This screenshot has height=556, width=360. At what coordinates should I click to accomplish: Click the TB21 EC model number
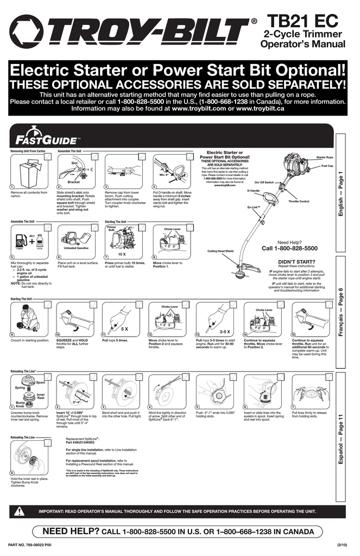coord(303,20)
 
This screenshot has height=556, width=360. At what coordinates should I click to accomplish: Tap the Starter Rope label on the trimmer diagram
coord(325,157)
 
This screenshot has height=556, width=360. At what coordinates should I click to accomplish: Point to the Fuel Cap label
coord(327,166)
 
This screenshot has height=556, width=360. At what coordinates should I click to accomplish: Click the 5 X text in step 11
coord(124,329)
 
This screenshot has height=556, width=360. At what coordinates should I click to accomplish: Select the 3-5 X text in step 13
coord(225,330)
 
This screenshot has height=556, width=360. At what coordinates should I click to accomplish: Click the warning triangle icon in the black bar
coord(20,511)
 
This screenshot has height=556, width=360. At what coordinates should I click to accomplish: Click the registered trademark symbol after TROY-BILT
coord(254,22)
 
